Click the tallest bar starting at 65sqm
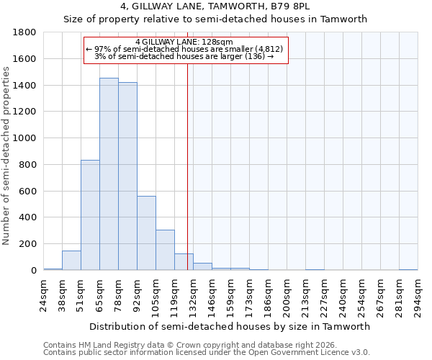109,174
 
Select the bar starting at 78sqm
127,176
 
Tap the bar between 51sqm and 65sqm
90,215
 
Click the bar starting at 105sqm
165,250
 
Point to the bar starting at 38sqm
71,261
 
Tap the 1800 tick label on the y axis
25,32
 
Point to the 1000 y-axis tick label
25,138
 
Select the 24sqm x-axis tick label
43,295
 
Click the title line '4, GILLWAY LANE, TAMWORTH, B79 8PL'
216,7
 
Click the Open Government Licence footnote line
207,353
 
